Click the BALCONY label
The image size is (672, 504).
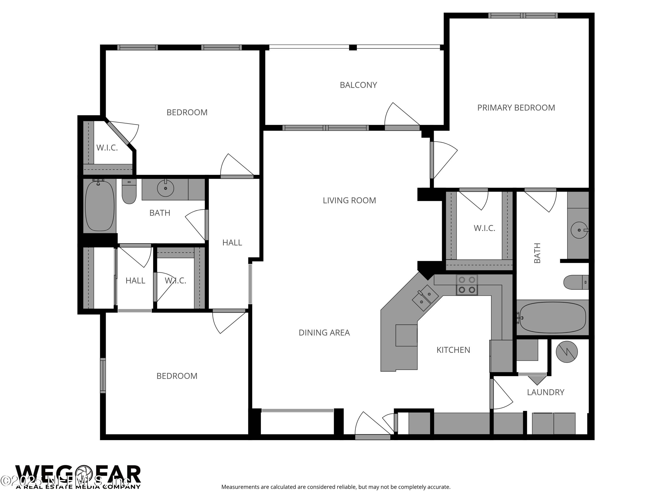pos(358,85)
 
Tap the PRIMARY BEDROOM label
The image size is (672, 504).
pos(516,108)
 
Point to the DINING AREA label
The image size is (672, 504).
pos(324,333)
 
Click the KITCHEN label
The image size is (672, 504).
pos(453,350)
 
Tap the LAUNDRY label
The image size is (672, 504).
pos(545,392)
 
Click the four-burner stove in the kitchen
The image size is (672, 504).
pos(467,285)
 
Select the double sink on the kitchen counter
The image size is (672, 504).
pos(425,298)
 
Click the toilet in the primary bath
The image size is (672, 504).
pos(576,282)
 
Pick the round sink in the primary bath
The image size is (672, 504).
pos(579,230)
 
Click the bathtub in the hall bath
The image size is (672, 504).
pos(100,206)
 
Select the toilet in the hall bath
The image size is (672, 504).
pos(129,191)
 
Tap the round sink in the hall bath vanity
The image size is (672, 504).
pos(165,188)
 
